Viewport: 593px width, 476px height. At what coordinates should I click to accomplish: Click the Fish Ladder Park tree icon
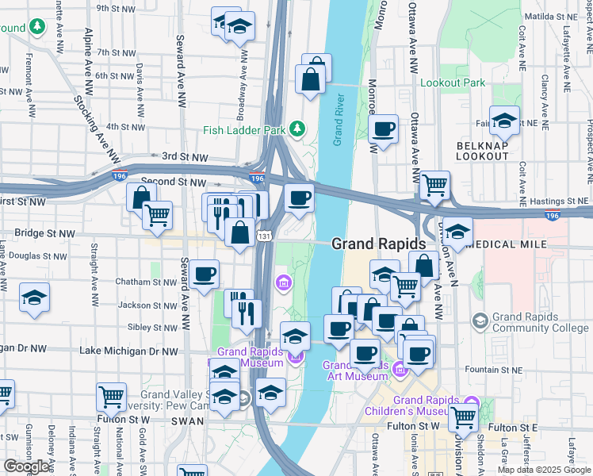click(297, 129)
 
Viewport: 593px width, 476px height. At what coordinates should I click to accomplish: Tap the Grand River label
click(339, 120)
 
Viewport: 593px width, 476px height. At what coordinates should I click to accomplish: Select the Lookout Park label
click(452, 83)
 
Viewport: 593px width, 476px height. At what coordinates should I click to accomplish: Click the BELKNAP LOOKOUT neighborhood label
click(482, 151)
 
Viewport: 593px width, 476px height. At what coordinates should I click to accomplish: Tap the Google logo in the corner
click(26, 466)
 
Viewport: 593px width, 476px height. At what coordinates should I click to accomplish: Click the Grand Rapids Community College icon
click(480, 321)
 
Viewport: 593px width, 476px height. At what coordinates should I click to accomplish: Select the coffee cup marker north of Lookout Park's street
click(384, 129)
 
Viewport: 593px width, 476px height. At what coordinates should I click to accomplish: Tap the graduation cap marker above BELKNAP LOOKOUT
click(504, 121)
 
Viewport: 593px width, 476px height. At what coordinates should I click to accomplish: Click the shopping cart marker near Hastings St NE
click(434, 186)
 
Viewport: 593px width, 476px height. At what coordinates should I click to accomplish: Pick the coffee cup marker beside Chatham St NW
click(205, 274)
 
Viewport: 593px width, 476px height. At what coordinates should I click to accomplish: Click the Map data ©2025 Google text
click(543, 470)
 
